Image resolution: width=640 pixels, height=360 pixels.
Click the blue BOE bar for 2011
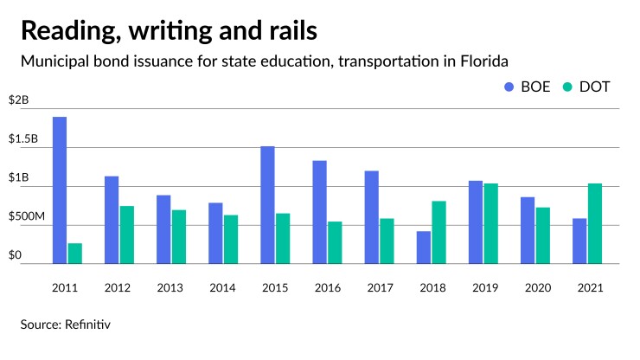pos(60,190)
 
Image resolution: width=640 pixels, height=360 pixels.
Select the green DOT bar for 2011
pos(75,254)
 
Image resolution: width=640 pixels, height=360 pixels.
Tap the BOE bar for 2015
pos(267,205)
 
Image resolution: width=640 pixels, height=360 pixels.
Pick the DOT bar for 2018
pos(438,232)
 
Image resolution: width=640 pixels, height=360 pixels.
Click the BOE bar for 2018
pos(423,247)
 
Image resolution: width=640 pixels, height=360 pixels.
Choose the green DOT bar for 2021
pos(594,223)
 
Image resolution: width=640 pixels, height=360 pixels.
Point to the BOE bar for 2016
pos(319,212)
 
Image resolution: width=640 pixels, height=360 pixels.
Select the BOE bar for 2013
pos(163,229)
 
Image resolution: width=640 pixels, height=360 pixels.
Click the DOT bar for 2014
pos(231,239)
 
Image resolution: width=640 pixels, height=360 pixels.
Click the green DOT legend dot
pos(566,87)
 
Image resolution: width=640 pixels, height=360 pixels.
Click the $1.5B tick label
pos(23,139)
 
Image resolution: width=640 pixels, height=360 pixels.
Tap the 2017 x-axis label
pos(379,287)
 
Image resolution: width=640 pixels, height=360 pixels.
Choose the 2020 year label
pos(534,287)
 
